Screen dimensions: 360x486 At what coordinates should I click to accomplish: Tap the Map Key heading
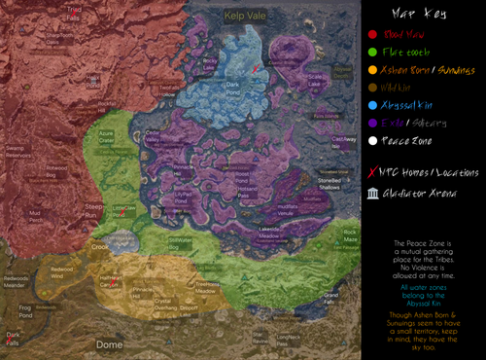tap(423, 15)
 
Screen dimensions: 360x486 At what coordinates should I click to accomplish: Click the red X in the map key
tap(373, 172)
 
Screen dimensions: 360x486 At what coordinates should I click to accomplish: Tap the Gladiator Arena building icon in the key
tap(373, 193)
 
